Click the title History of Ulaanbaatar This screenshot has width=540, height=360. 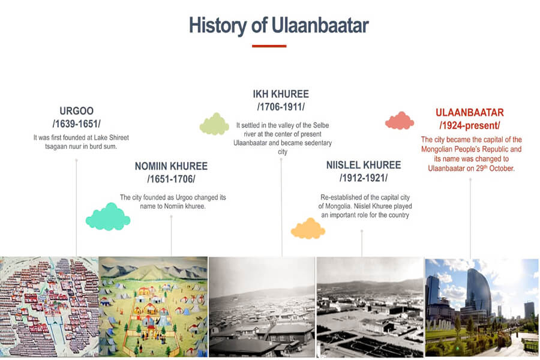point(278,25)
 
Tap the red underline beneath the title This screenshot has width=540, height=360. point(269,46)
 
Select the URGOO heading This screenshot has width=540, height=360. point(76,111)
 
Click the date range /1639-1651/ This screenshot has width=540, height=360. point(76,124)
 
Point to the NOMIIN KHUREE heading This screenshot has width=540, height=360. point(171,166)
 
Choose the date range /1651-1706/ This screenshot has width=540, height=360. point(171,179)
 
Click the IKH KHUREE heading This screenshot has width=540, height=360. point(281,94)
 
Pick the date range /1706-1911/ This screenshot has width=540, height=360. point(281,107)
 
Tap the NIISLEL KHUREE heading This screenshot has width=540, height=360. point(364,165)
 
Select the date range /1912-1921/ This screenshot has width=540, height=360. point(364,178)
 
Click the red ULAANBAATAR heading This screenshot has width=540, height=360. point(470,113)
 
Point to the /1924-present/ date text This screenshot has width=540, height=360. point(470,125)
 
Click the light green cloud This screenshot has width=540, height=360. point(214,124)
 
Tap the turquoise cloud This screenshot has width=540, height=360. point(108,217)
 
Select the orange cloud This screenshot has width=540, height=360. point(308,229)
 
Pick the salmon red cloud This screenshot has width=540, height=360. point(400,121)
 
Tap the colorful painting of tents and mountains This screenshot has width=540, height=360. point(153,307)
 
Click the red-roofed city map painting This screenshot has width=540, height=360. point(49,307)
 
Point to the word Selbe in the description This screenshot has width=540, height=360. point(321,125)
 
